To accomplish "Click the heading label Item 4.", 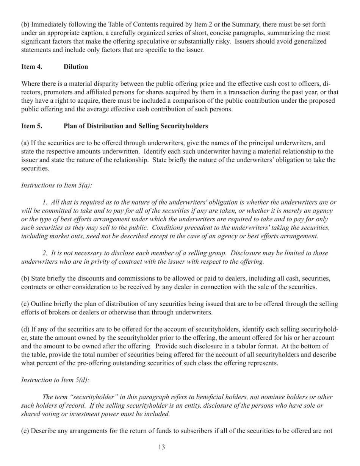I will [x=31, y=67].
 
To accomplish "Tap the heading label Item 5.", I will [x=31, y=126].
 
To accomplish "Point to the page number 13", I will [x=161, y=447].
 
